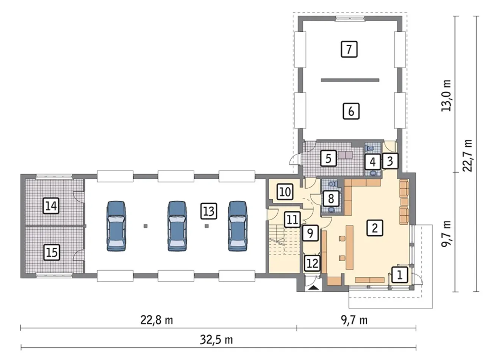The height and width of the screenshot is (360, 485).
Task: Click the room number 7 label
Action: tap(349, 49)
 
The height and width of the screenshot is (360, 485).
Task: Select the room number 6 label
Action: tap(351, 111)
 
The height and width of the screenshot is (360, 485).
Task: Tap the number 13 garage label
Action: tap(209, 211)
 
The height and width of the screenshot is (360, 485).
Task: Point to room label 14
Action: tap(51, 206)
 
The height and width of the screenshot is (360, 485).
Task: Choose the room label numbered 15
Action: tap(52, 252)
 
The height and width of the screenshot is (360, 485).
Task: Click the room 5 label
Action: tap(329, 158)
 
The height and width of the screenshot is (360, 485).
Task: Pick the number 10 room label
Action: tap(285, 192)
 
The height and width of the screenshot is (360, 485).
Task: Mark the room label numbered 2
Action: tap(375, 228)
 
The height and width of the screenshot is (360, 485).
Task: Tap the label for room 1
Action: tap(399, 275)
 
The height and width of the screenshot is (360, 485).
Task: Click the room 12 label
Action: tap(313, 263)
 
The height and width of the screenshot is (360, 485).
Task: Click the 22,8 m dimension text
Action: tap(156, 321)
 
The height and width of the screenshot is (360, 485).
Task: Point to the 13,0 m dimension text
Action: tap(446, 95)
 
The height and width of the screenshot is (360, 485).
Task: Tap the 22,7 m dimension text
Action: tap(467, 155)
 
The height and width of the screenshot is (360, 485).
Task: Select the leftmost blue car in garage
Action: tap(116, 226)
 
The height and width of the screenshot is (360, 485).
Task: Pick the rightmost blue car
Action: tap(238, 226)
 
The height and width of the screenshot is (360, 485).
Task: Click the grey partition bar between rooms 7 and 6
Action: tap(350, 80)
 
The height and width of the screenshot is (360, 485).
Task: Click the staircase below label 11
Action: tap(284, 241)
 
